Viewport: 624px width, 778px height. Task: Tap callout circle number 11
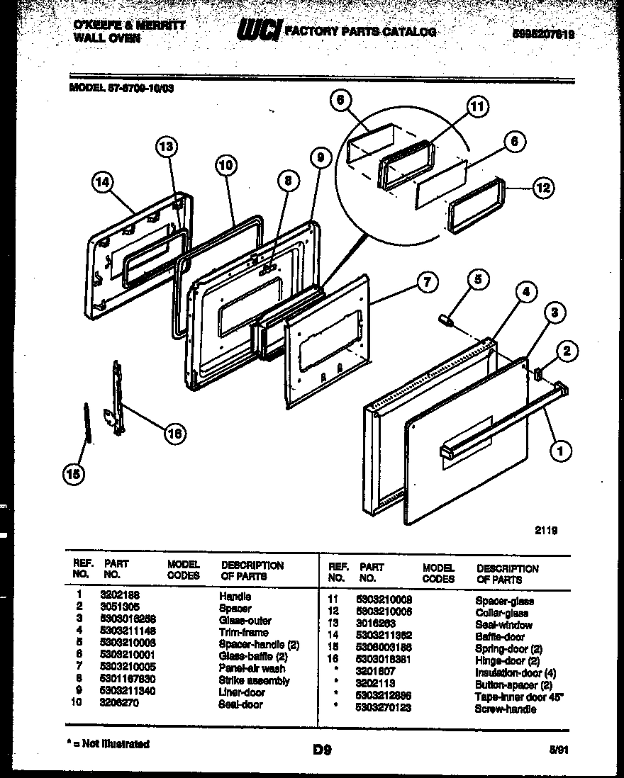tap(477, 107)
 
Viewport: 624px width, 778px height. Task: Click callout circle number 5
tap(477, 280)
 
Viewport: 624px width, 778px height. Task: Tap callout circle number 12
tap(543, 188)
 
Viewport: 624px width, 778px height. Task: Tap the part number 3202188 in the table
tap(120, 597)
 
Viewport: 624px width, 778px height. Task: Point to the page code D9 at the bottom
tap(321, 746)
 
